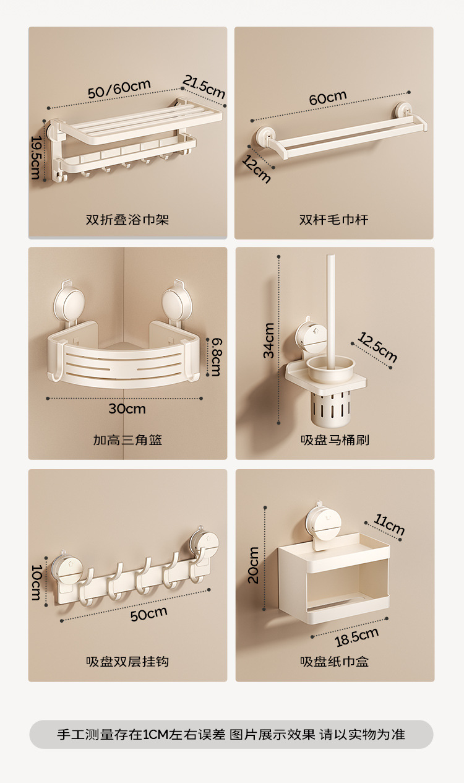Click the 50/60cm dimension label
coord(119,89)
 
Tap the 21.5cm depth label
coord(204,87)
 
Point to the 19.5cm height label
coord(36,157)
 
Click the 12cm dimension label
coord(256,170)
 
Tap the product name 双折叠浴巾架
coord(127,220)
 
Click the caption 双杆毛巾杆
coord(333,220)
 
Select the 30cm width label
coord(127,409)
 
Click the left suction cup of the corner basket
coord(69,301)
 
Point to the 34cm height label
coord(269,340)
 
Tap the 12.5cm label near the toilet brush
coord(377,347)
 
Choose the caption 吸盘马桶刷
coord(335,439)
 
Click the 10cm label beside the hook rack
coord(37,582)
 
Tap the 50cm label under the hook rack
coord(149,613)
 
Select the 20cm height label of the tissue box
coord(253,565)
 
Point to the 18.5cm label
coord(357,636)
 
